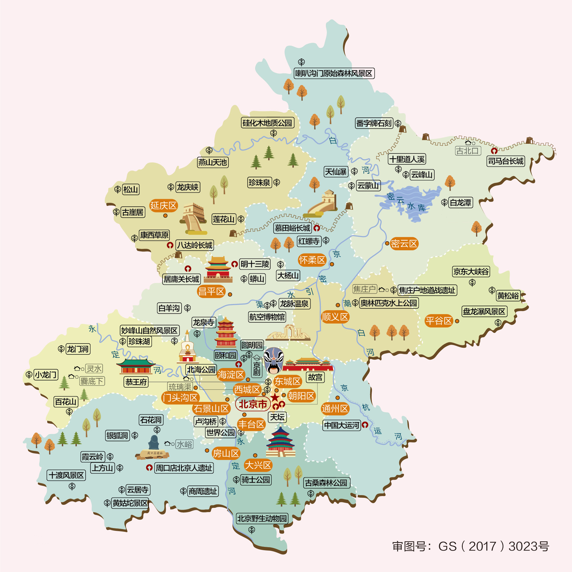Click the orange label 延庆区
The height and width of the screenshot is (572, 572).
[x=163, y=206]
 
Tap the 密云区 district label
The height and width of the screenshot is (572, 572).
[x=404, y=244]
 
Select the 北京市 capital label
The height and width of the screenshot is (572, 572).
[x=253, y=404]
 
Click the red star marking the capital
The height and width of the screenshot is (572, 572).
[x=275, y=397]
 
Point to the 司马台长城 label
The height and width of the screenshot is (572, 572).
[x=506, y=161]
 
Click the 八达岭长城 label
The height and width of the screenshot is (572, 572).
[x=195, y=245]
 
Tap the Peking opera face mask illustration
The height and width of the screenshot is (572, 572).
[x=274, y=360]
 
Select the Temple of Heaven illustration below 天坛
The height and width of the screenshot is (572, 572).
[x=281, y=442]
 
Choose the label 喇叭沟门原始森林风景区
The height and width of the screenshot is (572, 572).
[x=334, y=74]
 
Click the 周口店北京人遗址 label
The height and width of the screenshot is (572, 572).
[x=184, y=468]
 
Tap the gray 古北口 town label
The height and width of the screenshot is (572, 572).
[x=468, y=151]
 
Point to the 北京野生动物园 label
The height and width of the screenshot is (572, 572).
[x=262, y=518]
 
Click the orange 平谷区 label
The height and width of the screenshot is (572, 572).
[x=439, y=321]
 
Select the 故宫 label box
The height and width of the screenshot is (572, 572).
[x=315, y=377]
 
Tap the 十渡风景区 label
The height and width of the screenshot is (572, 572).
[x=66, y=475]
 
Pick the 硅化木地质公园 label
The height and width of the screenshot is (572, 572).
[x=268, y=123]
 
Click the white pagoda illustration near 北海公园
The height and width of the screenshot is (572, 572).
[x=188, y=348]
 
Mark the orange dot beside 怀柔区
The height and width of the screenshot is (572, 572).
[x=332, y=264]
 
